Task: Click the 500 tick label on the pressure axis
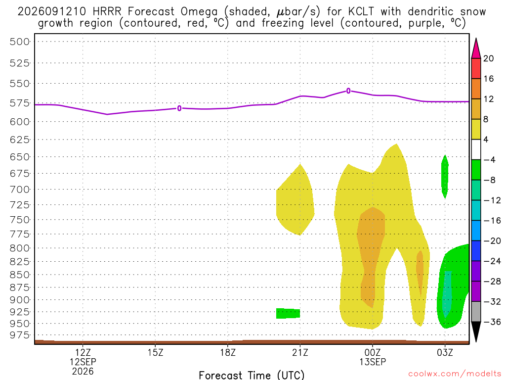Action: pyautogui.click(x=20, y=42)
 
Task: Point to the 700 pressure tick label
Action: pyautogui.click(x=20, y=190)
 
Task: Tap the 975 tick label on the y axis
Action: pyautogui.click(x=20, y=335)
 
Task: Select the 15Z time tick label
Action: pyautogui.click(x=155, y=352)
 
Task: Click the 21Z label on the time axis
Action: pyautogui.click(x=300, y=352)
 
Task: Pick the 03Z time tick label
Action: pyautogui.click(x=445, y=352)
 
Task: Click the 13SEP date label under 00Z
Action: pyautogui.click(x=373, y=362)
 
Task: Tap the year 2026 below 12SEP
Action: pyautogui.click(x=83, y=371)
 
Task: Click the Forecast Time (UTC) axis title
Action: pyautogui.click(x=252, y=375)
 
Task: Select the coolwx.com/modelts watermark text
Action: pyautogui.click(x=455, y=374)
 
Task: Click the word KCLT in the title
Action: pyautogui.click(x=361, y=12)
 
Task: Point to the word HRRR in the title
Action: pyautogui.click(x=107, y=12)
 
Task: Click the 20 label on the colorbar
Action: pyautogui.click(x=489, y=58)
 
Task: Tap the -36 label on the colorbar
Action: pyautogui.click(x=492, y=322)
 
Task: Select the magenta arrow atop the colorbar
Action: pyautogui.click(x=476, y=48)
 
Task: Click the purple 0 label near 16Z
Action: pyautogui.click(x=179, y=108)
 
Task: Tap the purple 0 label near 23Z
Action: pyautogui.click(x=348, y=91)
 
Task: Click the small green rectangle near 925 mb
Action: pyautogui.click(x=288, y=313)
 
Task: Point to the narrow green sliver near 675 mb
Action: pyautogui.click(x=445, y=177)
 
